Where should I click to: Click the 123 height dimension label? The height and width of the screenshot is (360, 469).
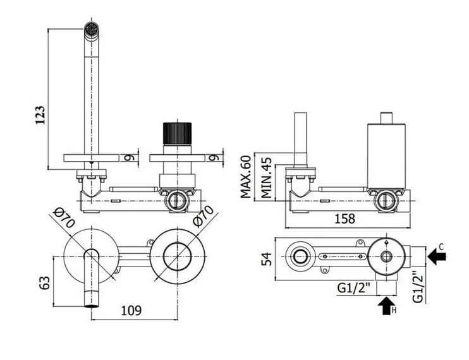pos(40,115)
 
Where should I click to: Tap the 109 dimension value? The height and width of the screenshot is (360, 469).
pos(131,311)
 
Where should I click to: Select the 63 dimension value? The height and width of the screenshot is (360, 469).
pos(44,282)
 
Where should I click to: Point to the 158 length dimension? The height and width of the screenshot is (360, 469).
pos(344,219)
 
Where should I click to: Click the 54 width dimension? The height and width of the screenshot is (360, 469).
pos(267,259)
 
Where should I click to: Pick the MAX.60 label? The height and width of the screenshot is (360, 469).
pos(246,177)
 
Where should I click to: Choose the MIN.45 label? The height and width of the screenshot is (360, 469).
pos(266,178)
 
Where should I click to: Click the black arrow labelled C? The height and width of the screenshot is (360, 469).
pos(437,256)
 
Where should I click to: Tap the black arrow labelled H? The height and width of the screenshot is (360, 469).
pos(386,306)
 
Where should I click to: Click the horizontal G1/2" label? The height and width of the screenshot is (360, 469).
pos(354,288)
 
